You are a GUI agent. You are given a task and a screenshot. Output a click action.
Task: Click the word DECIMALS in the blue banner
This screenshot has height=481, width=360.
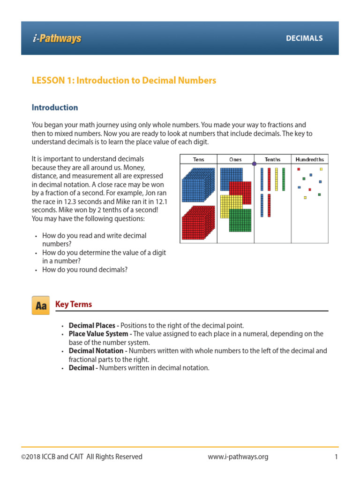point(304,39)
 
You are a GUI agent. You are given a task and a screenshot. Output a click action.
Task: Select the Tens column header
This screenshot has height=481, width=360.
point(198,160)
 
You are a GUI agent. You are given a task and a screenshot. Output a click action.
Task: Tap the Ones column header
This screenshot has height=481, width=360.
point(235,160)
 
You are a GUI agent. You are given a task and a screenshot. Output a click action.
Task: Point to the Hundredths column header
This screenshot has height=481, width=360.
point(309,160)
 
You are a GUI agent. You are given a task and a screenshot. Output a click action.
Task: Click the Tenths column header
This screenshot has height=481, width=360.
point(272,160)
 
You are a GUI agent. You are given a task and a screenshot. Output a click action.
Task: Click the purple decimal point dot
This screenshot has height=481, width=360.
point(255,164)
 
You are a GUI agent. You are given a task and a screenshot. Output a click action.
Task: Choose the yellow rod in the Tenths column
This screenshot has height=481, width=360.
point(276,179)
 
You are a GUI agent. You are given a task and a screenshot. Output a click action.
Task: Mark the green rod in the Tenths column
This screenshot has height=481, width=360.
point(283,179)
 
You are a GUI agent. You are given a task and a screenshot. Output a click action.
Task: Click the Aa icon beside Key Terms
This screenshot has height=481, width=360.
point(40,306)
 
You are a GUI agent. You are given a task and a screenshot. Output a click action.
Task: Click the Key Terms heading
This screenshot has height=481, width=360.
point(74,304)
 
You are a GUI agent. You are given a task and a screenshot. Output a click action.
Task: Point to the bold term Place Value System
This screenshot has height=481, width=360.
point(99,334)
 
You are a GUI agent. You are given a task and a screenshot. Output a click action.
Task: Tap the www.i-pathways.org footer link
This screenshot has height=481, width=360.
point(238,457)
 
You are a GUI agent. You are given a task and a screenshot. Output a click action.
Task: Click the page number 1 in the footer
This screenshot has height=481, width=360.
point(336,457)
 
